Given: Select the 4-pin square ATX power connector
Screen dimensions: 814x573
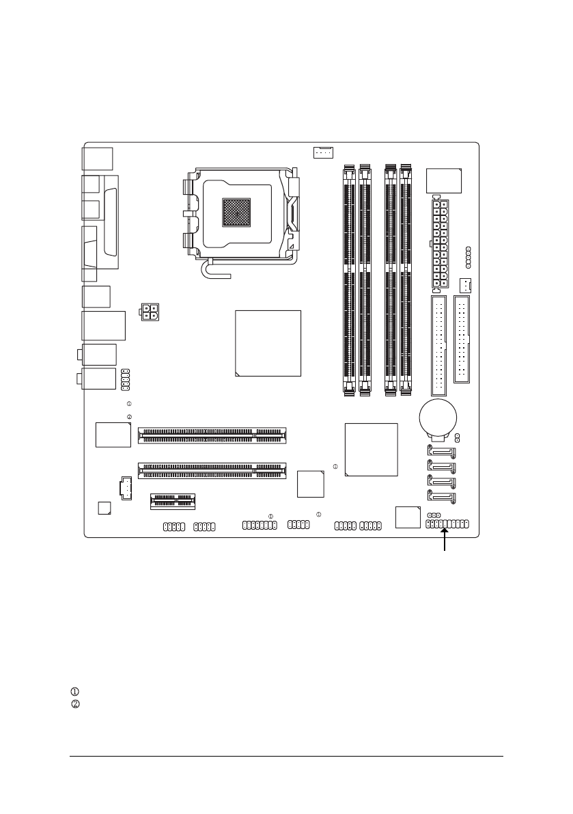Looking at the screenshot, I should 150,313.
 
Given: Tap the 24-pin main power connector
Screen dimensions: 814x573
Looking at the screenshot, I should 439,244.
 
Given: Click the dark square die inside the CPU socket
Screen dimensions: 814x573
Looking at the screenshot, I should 236,213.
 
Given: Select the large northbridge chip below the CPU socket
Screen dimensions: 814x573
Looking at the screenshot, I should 268,343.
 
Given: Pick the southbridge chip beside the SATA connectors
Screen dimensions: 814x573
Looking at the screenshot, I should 372,449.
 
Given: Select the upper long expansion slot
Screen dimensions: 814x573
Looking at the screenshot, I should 212,435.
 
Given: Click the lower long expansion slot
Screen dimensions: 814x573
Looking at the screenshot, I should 212,470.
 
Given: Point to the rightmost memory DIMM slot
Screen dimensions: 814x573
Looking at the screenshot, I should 407,280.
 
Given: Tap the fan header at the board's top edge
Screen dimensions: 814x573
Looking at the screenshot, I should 322,151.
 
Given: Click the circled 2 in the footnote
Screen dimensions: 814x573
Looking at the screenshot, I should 75,704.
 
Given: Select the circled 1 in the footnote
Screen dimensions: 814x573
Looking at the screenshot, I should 75,692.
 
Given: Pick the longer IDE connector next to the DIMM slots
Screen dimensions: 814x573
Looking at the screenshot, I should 439,350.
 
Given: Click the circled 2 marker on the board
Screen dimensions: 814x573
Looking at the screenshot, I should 128,417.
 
